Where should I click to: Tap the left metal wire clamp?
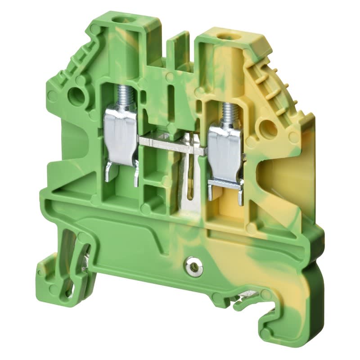point(121,135)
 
